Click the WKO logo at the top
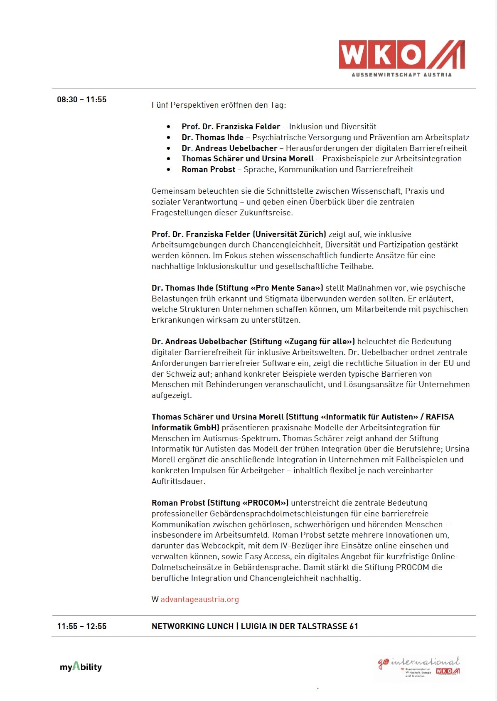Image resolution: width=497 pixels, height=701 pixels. click(401, 54)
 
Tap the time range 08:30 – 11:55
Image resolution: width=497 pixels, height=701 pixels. click(82, 100)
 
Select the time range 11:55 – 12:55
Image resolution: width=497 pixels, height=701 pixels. click(82, 626)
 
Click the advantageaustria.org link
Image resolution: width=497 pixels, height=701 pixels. click(199, 599)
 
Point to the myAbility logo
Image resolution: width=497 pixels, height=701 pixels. click(81, 666)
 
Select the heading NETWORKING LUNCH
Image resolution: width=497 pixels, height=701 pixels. click(192, 626)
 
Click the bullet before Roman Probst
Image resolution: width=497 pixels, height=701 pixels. click(168, 170)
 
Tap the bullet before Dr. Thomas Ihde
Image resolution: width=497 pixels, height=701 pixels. click(168, 138)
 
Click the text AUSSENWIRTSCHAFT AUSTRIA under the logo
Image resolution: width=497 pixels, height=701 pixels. click(401, 75)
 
